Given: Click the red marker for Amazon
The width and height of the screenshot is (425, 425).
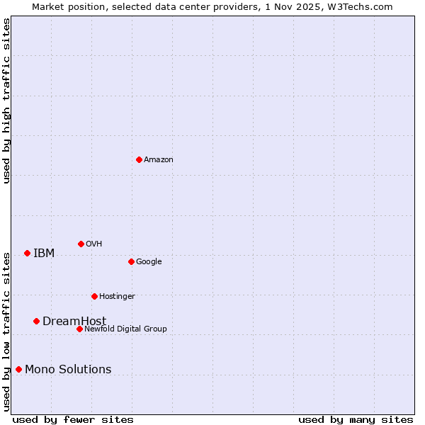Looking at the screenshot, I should coord(139,159).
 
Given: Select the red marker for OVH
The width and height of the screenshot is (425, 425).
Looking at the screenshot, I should coord(81,244).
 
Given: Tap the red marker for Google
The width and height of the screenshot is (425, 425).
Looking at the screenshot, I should coord(131,261).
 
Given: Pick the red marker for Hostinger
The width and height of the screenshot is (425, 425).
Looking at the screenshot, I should coord(94,296).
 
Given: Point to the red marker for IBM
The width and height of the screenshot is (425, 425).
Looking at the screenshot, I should coord(27,253).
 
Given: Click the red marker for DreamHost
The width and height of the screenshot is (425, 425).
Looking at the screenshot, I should coord(36,321).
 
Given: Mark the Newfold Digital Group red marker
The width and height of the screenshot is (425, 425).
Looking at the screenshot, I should coord(79,329).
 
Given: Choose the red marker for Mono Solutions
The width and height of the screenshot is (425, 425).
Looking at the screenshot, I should coord(18,369).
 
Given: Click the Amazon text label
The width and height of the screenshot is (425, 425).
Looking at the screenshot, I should coord(159,160).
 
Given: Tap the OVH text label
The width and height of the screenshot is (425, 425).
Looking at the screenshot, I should coord(94,244).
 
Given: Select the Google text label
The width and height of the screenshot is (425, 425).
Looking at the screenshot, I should coord(149,262).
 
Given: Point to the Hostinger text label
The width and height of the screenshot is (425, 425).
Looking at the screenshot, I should coord(117,297).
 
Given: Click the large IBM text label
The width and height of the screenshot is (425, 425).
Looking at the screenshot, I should coord(44,254).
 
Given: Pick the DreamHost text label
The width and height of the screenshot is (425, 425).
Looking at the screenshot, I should coord(74,322).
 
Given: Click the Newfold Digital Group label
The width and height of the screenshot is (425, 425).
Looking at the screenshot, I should coord(125,329).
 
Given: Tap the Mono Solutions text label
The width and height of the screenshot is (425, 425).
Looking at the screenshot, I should coord(68,370).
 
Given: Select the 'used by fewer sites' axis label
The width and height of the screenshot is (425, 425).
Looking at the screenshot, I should coord(73,420).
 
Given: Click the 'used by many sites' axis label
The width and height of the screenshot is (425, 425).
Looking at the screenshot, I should coord(356,420).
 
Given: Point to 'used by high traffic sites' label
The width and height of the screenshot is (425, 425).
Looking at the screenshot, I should coord(6,101).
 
